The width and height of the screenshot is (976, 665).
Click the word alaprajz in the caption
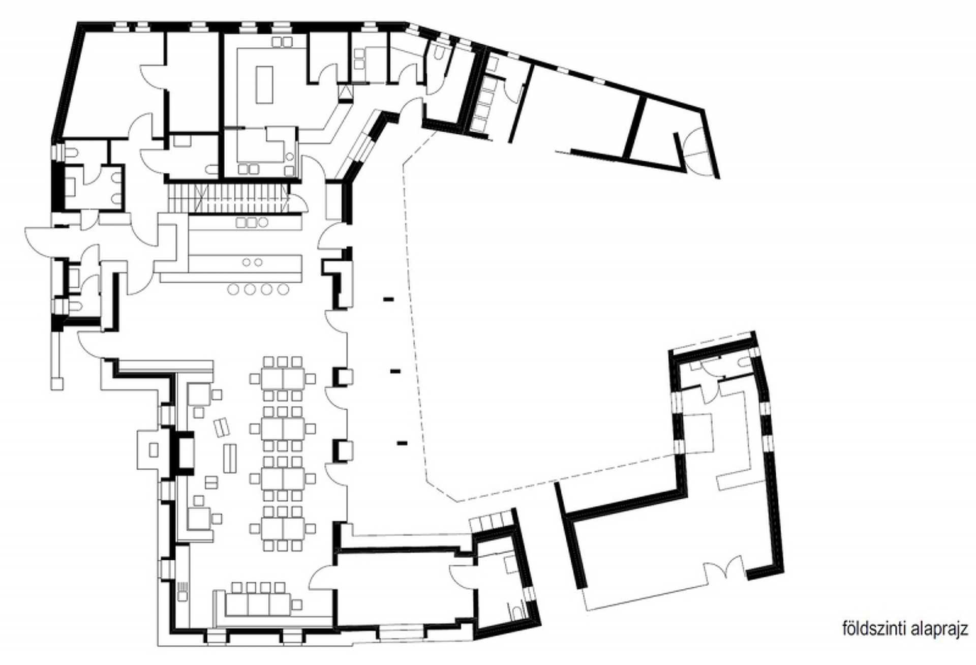(x=937, y=629)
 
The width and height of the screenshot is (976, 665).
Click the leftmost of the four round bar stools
(x=233, y=289)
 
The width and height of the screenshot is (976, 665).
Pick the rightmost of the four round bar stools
(x=283, y=289)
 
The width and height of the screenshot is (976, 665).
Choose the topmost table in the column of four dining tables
(x=283, y=378)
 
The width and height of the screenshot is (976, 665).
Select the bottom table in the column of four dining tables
(x=283, y=528)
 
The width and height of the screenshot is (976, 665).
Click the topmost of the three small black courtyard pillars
(x=389, y=299)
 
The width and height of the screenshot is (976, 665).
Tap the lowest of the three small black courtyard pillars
(x=402, y=443)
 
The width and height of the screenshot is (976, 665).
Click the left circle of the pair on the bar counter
(x=247, y=262)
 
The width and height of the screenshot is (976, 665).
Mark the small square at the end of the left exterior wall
(x=57, y=383)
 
